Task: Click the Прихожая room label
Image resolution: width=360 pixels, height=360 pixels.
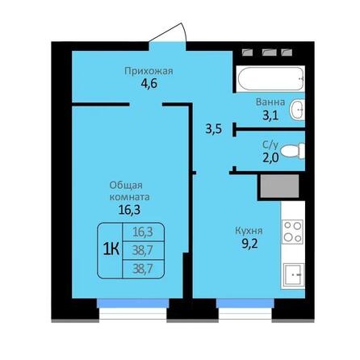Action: click(x=148, y=71)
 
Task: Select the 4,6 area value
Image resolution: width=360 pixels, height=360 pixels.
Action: click(x=148, y=83)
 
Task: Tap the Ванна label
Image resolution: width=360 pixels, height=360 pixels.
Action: click(x=269, y=103)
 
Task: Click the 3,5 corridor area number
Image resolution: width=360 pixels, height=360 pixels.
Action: click(x=213, y=128)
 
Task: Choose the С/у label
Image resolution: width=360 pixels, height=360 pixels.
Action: click(x=271, y=146)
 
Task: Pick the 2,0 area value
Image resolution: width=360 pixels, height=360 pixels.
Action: click(x=271, y=158)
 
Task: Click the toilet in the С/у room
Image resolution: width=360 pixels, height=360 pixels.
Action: click(x=296, y=150)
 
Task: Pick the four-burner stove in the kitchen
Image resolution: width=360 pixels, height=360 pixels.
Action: click(x=292, y=232)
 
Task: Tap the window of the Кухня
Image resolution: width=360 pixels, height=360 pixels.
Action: click(x=246, y=304)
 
